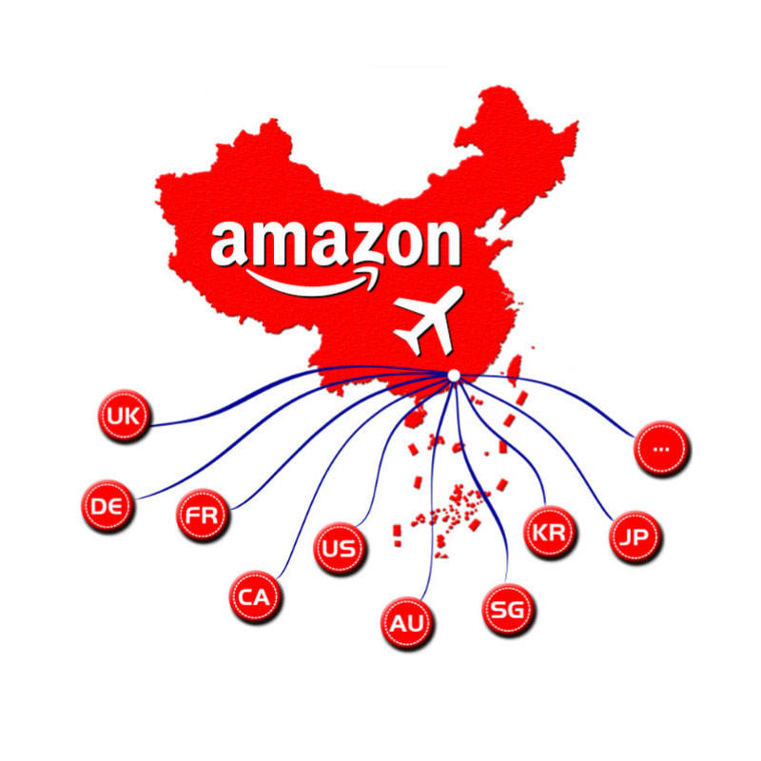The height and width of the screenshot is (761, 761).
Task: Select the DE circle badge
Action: click(x=107, y=505)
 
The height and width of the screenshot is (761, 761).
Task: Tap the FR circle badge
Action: click(x=203, y=517)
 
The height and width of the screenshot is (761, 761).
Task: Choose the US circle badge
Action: click(x=340, y=549)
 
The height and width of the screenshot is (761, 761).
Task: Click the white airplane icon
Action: click(x=429, y=320)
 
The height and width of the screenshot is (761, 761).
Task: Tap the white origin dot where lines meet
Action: click(x=454, y=377)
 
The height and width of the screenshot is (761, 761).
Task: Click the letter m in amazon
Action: click(x=275, y=245)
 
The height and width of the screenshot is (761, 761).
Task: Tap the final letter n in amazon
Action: click(x=439, y=245)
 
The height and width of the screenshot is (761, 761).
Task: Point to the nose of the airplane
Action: click(x=459, y=289)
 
